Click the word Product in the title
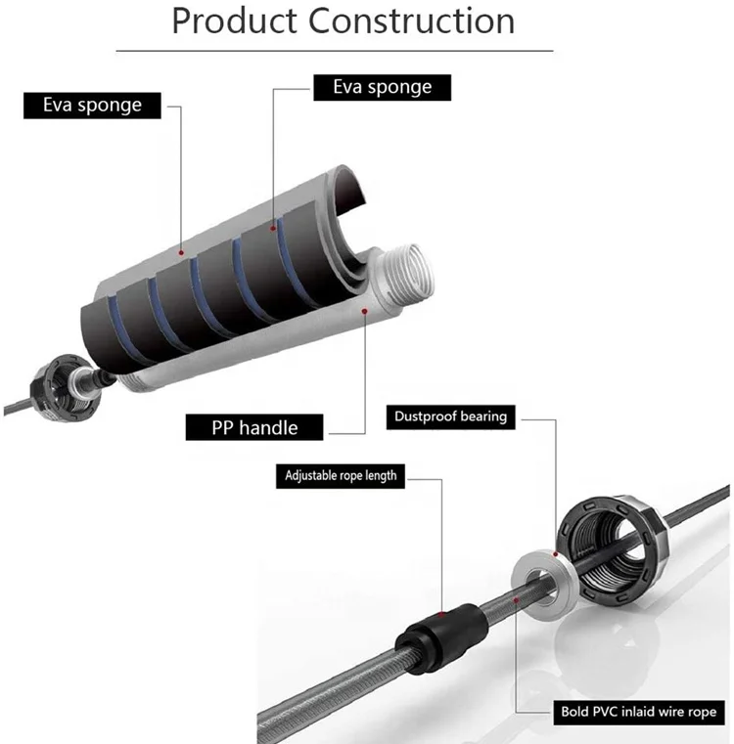(232, 22)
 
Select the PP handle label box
(255, 426)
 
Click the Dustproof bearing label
(450, 416)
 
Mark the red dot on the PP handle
(365, 311)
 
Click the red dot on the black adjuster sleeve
(442, 614)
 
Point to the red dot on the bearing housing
(555, 551)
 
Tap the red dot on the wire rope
(516, 593)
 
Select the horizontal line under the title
(334, 51)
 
